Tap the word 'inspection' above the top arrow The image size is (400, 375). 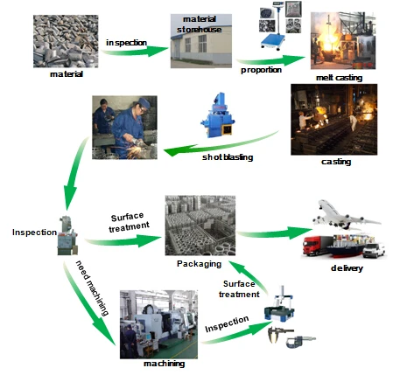coord(127,42)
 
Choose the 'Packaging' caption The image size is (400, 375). coord(199,261)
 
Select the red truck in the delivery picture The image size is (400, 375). coord(319,246)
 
